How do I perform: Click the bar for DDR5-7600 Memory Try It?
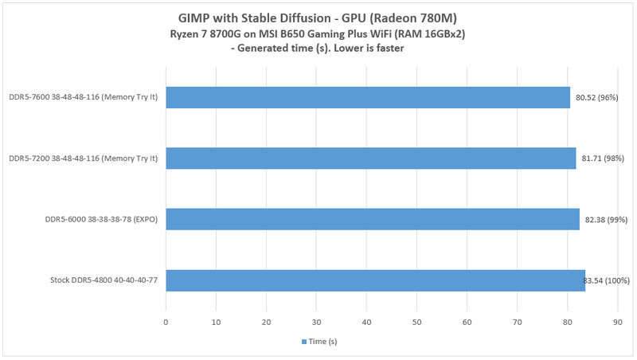coord(367,98)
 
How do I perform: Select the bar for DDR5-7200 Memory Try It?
coord(370,158)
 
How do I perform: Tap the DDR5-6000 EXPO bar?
coord(372,219)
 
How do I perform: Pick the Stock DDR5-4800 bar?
coord(375,280)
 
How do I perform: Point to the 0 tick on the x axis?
coord(165,322)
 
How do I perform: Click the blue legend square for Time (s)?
coord(304,342)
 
